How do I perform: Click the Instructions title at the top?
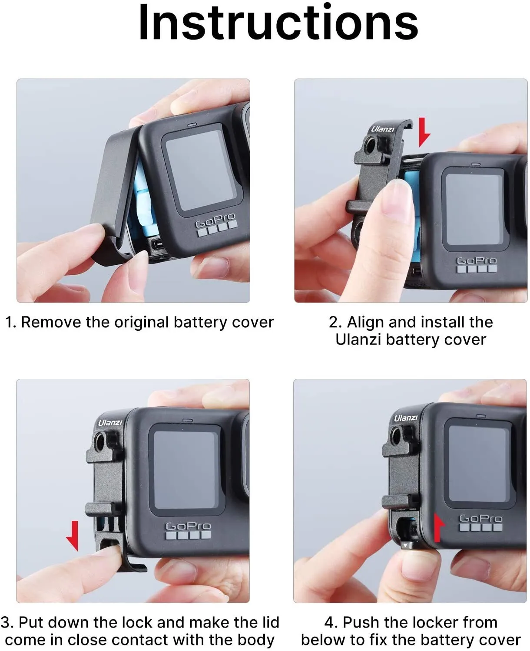pos(278,23)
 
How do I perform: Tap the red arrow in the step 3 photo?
pos(73,536)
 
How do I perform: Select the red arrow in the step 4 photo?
pos(439,527)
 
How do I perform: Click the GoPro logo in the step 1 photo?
pos(215,221)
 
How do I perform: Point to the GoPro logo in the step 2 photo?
pos(476,260)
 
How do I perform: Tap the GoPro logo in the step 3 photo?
pos(188,526)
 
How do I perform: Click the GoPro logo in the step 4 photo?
pos(480,518)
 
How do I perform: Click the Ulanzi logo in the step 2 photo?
pos(382,129)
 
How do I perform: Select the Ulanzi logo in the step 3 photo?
pos(110,422)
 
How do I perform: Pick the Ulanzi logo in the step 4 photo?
pos(405,418)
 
